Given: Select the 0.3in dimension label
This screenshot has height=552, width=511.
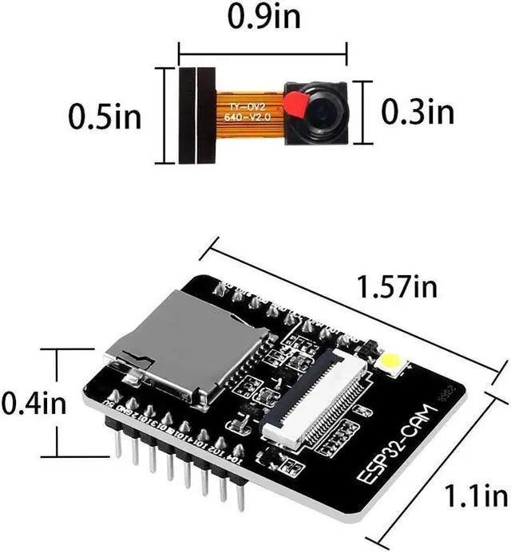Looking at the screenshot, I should (415, 110).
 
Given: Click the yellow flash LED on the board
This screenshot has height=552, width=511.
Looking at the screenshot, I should (392, 362).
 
